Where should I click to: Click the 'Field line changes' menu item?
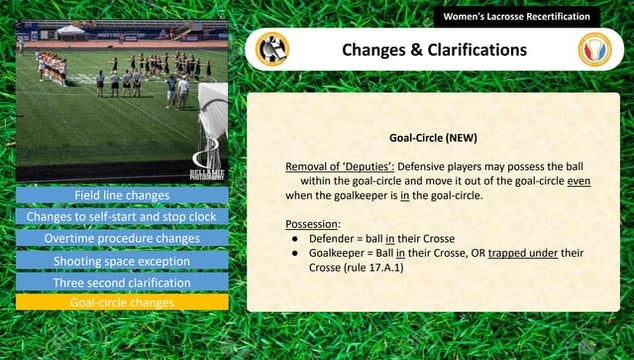point(121,195)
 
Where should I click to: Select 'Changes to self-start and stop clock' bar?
point(121,216)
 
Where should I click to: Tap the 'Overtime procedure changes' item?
point(121,238)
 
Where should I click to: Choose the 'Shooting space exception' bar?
point(121,260)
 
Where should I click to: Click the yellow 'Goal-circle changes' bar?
point(121,302)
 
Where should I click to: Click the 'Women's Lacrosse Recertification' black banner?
point(516,17)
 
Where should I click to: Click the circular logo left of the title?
point(271,49)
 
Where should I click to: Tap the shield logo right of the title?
point(595,49)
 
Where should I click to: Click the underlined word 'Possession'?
point(312,225)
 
